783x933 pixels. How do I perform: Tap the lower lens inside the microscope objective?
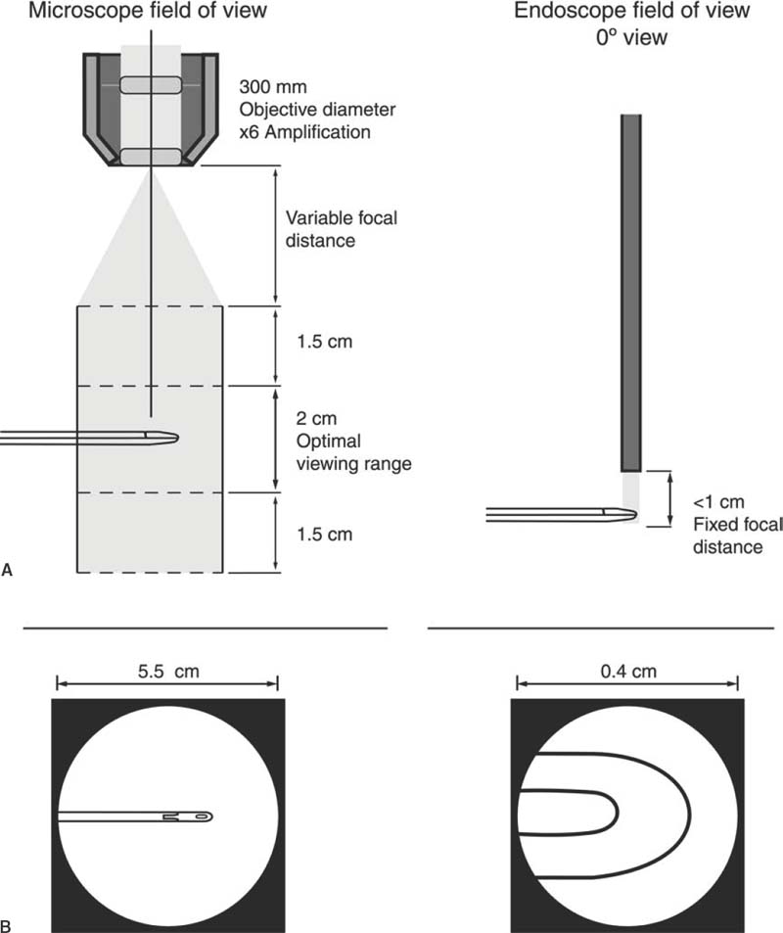[x=151, y=157]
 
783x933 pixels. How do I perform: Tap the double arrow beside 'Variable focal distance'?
[x=276, y=235]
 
